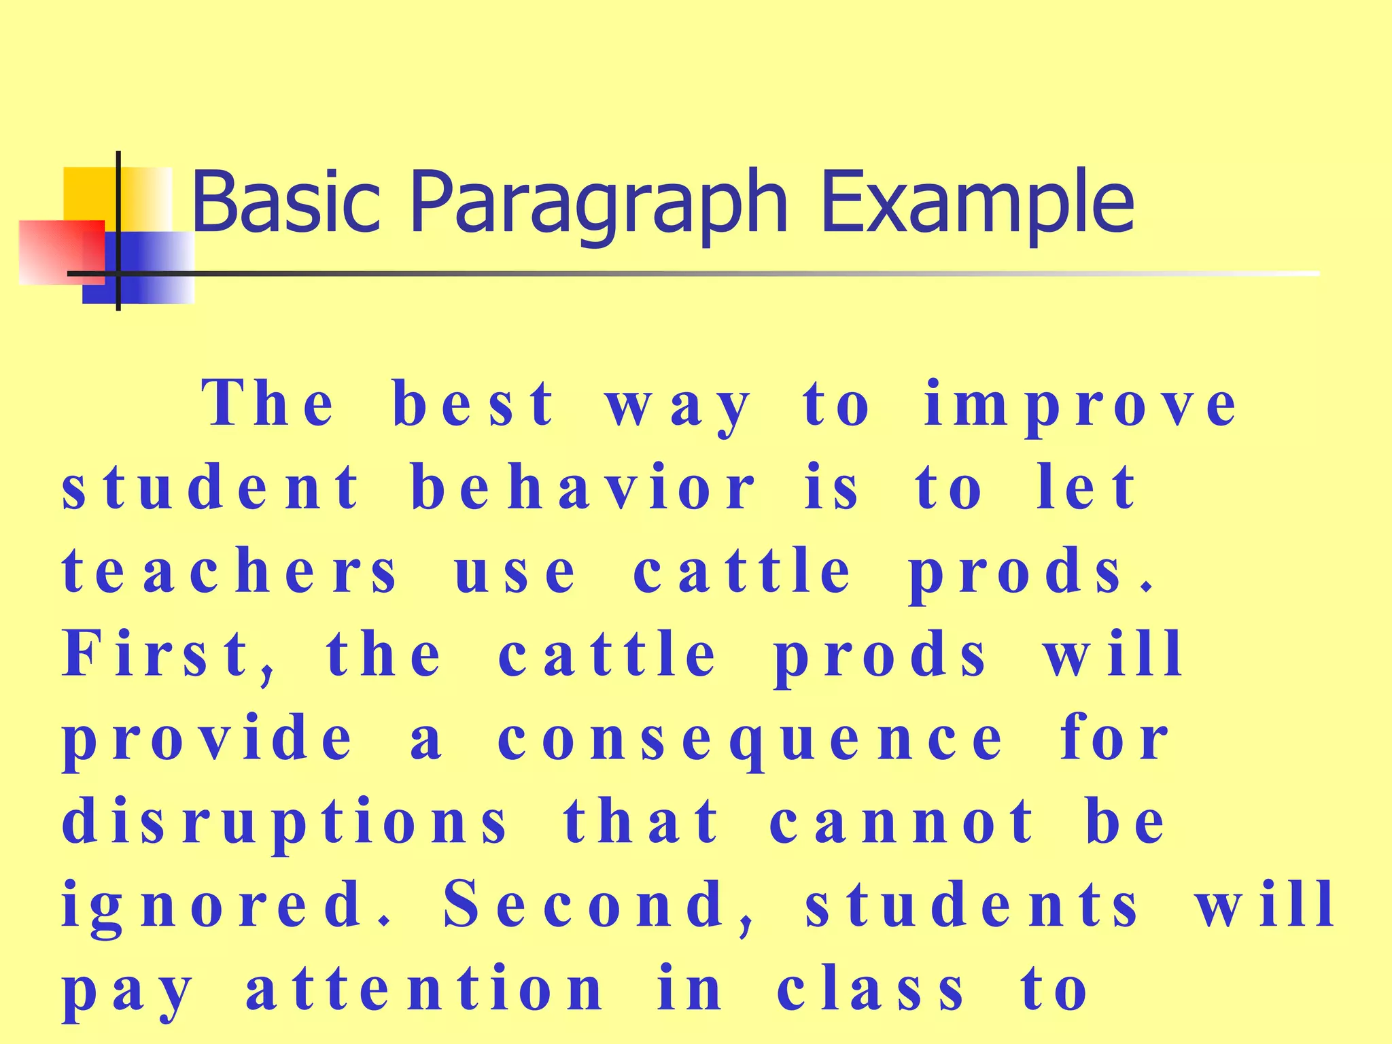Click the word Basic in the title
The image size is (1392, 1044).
tap(285, 202)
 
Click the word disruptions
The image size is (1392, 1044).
tap(285, 823)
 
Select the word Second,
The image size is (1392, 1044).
tap(599, 905)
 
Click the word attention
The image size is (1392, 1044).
tap(425, 989)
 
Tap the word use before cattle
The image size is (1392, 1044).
tap(515, 572)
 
